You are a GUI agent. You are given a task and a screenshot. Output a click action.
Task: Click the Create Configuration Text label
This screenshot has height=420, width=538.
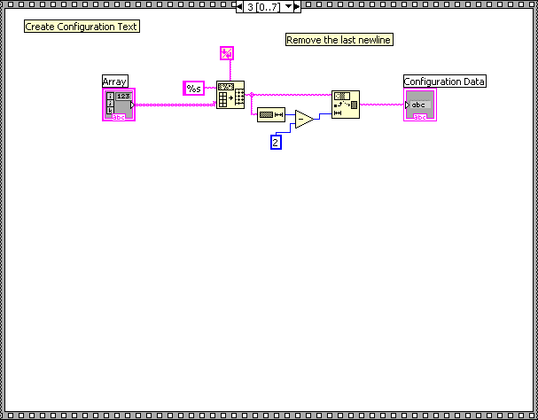pos(82,27)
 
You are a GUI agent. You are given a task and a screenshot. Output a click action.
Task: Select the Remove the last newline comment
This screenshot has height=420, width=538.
pos(339,40)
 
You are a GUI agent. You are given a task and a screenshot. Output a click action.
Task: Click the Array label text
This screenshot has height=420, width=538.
pos(115,82)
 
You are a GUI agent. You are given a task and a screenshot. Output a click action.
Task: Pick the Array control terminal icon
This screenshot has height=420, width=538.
pos(119,105)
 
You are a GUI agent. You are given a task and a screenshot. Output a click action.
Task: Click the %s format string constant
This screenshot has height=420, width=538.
pos(193,88)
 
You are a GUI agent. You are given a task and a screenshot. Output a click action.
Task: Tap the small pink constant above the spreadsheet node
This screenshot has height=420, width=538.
pos(226,53)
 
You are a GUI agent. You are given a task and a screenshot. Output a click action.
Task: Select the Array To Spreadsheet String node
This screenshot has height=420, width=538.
pos(230,95)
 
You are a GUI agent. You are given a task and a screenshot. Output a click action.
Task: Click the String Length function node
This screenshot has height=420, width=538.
pos(270,115)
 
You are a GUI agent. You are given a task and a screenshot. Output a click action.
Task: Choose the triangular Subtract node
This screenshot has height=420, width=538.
pos(303,119)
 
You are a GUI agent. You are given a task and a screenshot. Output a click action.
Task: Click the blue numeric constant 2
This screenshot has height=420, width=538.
pos(276,142)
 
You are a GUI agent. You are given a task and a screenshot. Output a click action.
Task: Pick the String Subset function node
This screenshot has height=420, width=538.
pos(346,105)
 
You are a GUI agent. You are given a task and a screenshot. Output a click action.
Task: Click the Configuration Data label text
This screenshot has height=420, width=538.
pos(445,82)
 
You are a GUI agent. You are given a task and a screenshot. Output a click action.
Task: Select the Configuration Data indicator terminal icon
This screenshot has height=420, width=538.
pos(420,105)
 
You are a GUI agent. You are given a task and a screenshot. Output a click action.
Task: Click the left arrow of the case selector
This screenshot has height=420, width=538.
pos(240,6)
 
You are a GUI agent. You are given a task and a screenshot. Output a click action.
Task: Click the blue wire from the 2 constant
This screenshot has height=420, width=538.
pos(285,129)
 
